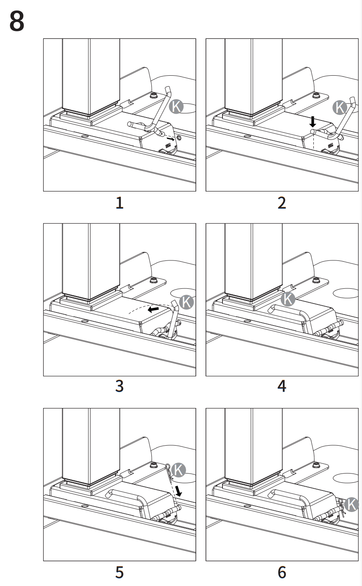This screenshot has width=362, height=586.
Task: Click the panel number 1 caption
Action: [x=120, y=203]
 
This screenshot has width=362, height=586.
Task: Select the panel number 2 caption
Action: [x=282, y=203]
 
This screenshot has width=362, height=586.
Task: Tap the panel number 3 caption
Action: [x=120, y=386]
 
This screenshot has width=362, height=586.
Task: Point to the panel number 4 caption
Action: [x=282, y=386]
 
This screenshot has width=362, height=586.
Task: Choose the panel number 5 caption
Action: [x=120, y=572]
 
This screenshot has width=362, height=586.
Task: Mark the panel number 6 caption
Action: [x=282, y=572]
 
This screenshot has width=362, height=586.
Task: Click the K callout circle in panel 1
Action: [x=176, y=107]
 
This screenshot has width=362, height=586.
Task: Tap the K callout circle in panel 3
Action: [x=186, y=302]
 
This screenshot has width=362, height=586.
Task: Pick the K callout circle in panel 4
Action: [x=288, y=299]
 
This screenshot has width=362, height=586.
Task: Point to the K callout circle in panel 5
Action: [x=179, y=469]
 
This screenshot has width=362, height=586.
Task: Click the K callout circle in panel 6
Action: [x=351, y=504]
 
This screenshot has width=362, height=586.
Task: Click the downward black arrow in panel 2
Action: [x=313, y=122]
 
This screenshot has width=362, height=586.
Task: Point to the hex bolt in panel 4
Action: [x=315, y=279]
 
